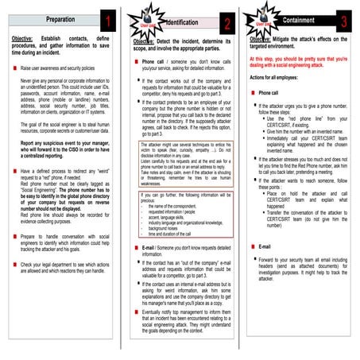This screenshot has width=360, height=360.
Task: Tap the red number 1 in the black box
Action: click(x=109, y=17)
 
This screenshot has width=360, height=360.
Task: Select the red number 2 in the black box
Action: click(x=227, y=21)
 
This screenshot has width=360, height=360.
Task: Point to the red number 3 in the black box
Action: click(x=343, y=20)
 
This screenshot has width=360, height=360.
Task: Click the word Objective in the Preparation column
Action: click(x=28, y=38)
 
